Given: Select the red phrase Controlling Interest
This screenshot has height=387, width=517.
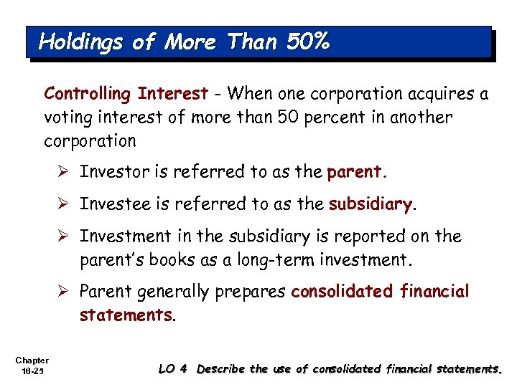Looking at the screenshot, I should pyautogui.click(x=126, y=94).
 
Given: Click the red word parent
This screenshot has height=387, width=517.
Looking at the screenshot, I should pyautogui.click(x=357, y=172).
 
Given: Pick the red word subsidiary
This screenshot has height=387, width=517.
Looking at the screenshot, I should pyautogui.click(x=371, y=204).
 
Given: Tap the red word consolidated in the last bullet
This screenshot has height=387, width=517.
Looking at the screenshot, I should pyautogui.click(x=340, y=292).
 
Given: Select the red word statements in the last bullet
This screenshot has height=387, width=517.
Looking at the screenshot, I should pyautogui.click(x=126, y=315).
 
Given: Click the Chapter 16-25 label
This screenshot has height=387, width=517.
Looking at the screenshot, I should pyautogui.click(x=30, y=365).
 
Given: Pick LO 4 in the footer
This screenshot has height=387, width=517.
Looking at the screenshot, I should pyautogui.click(x=172, y=369).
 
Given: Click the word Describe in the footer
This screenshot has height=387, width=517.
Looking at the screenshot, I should pyautogui.click(x=220, y=369).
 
